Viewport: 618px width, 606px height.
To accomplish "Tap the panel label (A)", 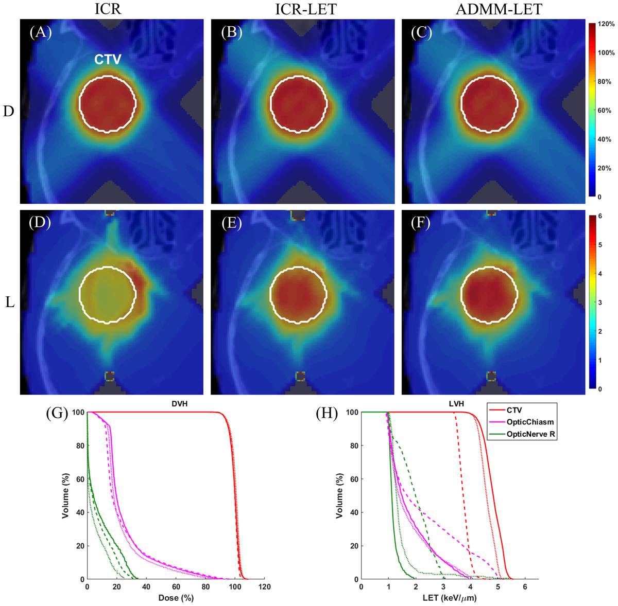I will click(41, 32).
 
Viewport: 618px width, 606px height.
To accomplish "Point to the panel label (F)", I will click(422, 222).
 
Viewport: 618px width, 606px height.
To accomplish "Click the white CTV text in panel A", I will click(108, 60).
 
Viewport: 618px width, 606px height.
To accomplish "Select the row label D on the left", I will click(8, 111).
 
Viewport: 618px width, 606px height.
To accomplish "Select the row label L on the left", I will click(9, 302).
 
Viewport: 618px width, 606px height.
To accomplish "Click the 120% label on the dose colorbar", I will click(606, 24).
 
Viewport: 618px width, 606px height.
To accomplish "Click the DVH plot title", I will click(179, 404).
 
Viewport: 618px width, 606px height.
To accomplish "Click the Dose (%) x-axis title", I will click(176, 598).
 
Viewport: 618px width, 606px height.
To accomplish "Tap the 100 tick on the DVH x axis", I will click(235, 587).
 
